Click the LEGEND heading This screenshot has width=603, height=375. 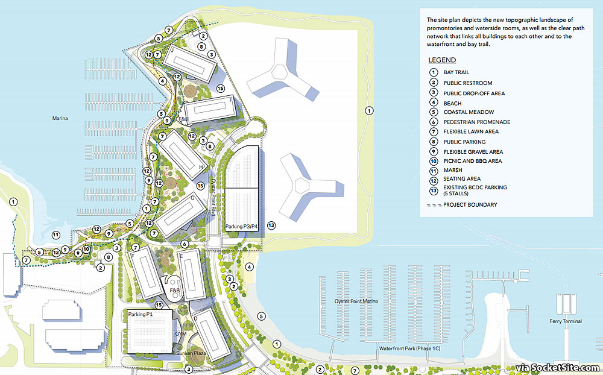tap(442, 60)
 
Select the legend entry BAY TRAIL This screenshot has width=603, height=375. tap(456, 72)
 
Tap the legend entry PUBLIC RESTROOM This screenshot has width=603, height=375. tap(467, 83)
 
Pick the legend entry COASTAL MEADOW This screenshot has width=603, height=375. tap(469, 112)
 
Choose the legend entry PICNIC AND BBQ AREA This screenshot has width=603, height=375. tap(472, 161)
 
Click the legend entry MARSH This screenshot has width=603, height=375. tap(453, 171)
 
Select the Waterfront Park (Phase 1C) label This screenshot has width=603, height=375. tap(412, 349)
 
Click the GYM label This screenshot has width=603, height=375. tap(180, 333)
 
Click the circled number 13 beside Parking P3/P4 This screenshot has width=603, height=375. tap(271, 225)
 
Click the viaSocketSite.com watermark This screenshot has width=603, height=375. tap(557, 368)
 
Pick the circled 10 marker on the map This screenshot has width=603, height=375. tap(87, 248)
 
